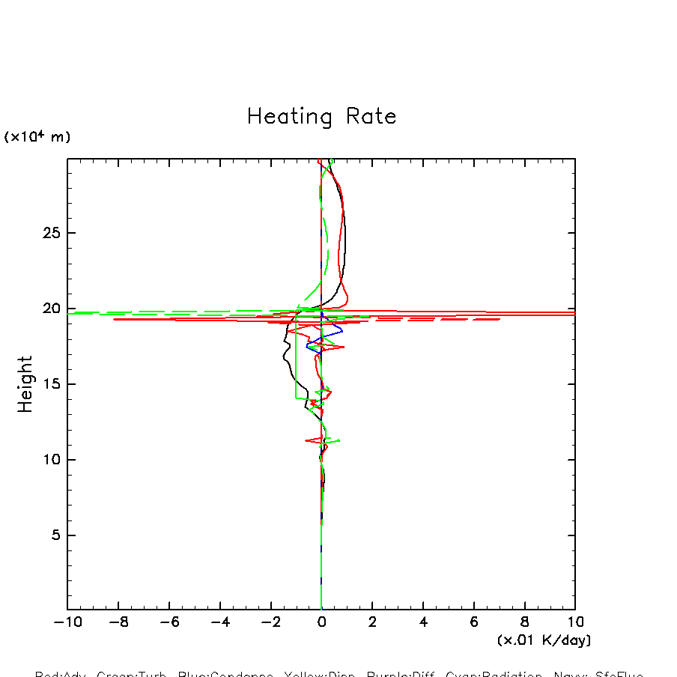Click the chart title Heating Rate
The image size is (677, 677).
click(321, 117)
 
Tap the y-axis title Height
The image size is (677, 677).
click(25, 384)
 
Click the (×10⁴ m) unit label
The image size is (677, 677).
click(37, 137)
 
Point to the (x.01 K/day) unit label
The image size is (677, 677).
click(544, 640)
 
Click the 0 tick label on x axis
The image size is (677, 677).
click(321, 622)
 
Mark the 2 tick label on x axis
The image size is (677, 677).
click(372, 622)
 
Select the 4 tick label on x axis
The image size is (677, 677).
click(423, 622)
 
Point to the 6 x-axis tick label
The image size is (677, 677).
click(474, 622)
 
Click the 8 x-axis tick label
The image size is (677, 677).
click(524, 622)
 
